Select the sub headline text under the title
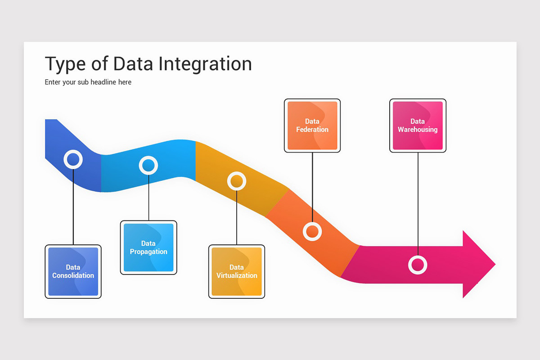(88, 82)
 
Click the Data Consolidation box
(73, 271)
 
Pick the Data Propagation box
(148, 247)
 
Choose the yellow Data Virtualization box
(237, 271)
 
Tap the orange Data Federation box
(312, 126)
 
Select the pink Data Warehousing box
(418, 126)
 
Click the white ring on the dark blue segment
(73, 159)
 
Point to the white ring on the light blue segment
(148, 166)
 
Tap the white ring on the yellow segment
(237, 181)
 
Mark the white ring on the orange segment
(312, 231)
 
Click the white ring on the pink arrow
(418, 265)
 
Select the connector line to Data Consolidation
(73, 207)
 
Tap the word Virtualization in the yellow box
(237, 275)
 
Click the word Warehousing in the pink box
(418, 130)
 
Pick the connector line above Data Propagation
(148, 198)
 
